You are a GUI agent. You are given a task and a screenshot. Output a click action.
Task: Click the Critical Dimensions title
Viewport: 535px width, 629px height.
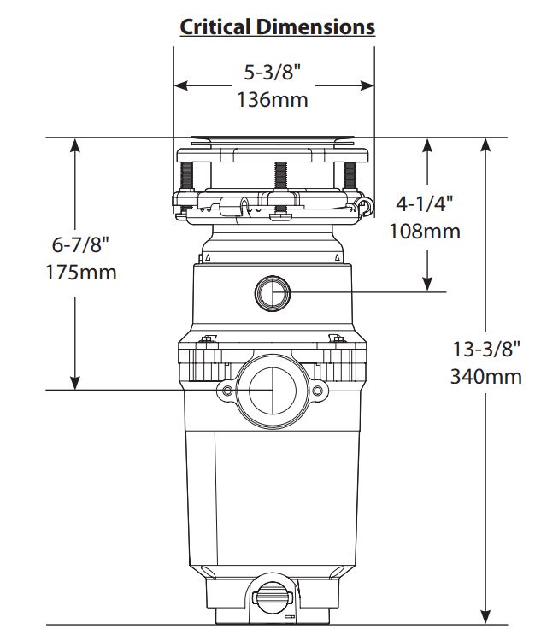pyautogui.click(x=277, y=27)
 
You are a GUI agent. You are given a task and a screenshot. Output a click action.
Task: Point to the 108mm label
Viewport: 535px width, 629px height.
pyautogui.click(x=425, y=231)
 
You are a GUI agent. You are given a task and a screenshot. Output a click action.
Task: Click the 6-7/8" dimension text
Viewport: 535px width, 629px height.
pyautogui.click(x=81, y=244)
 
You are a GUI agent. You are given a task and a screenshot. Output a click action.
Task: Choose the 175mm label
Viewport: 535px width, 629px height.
pyautogui.click(x=81, y=273)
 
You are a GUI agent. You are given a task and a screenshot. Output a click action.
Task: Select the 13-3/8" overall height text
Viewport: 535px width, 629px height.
pyautogui.click(x=486, y=348)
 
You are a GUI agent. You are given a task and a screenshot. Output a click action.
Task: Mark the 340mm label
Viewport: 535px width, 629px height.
pyautogui.click(x=486, y=376)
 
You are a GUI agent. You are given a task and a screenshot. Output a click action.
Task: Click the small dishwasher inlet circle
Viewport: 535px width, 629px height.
pyautogui.click(x=273, y=293)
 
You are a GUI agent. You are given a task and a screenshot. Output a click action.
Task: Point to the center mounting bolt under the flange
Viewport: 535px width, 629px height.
pyautogui.click(x=279, y=178)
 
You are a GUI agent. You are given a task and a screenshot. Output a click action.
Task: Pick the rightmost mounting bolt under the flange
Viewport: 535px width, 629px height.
pyautogui.click(x=349, y=177)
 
